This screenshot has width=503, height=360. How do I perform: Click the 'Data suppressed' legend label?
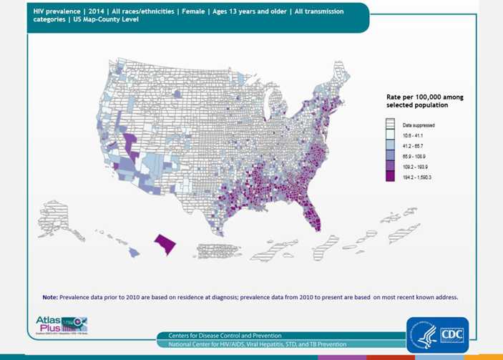[x=418, y=125]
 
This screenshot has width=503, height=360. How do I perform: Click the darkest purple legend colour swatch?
[x=390, y=176]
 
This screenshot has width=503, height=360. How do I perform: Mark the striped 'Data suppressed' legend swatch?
[x=390, y=125]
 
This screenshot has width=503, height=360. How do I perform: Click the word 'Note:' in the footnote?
[x=50, y=297]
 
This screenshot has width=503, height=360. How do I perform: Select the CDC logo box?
[x=437, y=334]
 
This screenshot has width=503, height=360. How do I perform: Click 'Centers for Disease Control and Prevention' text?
[x=225, y=336]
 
